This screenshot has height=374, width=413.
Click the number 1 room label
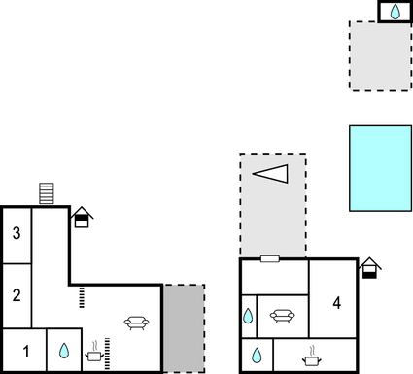click(26, 352)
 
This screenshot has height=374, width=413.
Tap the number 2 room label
click(17, 294)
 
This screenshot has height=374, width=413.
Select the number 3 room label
click(17, 234)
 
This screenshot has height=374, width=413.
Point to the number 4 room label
click(336, 303)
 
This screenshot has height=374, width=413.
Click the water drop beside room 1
click(63, 351)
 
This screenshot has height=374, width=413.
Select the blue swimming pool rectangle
click(381, 167)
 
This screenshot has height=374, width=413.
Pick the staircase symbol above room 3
click(47, 193)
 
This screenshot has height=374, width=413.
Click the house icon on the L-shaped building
click(83, 218)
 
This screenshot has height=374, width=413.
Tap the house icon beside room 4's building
click(369, 268)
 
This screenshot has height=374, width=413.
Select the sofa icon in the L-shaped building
click(137, 322)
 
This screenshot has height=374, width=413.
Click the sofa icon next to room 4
click(282, 315)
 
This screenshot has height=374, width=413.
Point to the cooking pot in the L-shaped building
click(95, 354)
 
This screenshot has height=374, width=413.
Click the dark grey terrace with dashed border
click(183, 328)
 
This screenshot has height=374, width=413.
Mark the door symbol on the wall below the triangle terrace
click(270, 258)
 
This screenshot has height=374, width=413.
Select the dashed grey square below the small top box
click(381, 56)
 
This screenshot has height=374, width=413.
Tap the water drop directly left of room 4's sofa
click(248, 316)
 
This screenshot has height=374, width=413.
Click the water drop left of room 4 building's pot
click(257, 356)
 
